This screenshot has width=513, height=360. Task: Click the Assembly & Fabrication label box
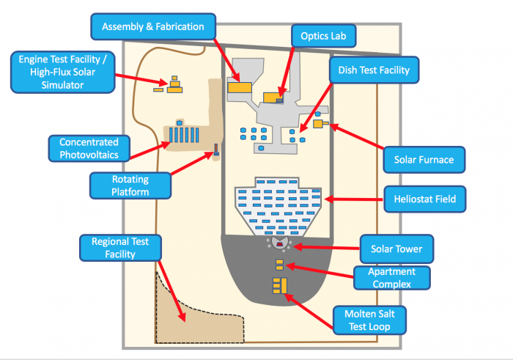pyautogui.click(x=153, y=26)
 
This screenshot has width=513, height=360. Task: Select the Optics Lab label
pyautogui.click(x=323, y=35)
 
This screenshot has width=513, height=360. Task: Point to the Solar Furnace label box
pyautogui.click(x=424, y=159)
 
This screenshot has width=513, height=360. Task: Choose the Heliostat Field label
pyautogui.click(x=424, y=198)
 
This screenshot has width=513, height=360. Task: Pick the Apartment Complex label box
pyautogui.click(x=391, y=277)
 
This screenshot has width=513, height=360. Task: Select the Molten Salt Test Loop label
pyautogui.click(x=369, y=321)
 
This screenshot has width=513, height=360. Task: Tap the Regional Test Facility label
pyautogui.click(x=119, y=248)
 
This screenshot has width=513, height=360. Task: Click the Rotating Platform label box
pyautogui.click(x=130, y=185)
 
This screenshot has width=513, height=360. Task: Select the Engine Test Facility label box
pyautogui.click(x=62, y=71)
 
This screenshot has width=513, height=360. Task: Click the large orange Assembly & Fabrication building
pyautogui.click(x=239, y=87)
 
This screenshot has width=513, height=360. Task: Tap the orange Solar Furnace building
pyautogui.click(x=319, y=124)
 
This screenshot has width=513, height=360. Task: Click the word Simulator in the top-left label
pyautogui.click(x=62, y=85)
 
